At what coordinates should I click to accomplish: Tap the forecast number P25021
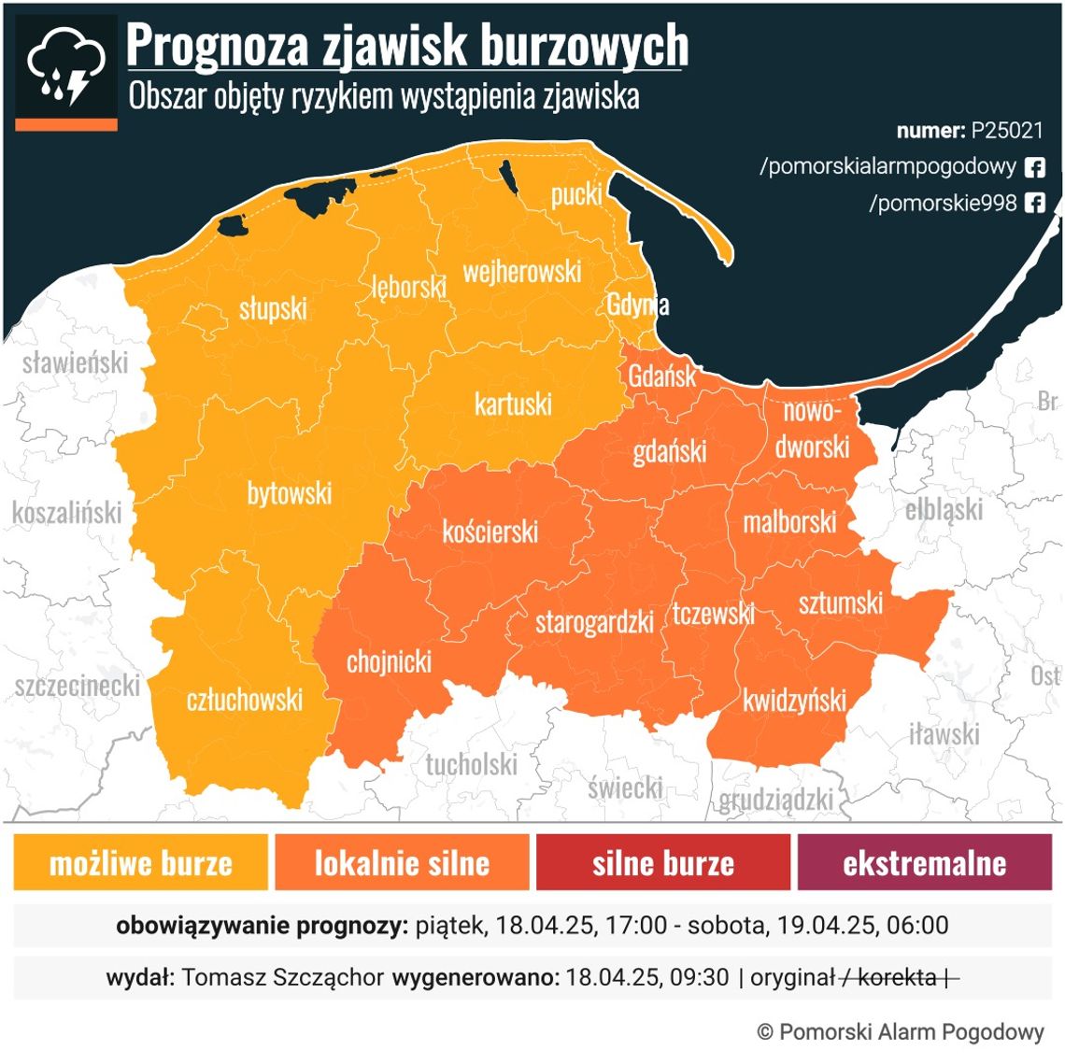pos(1006,130)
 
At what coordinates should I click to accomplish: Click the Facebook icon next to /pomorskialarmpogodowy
pos(1034,167)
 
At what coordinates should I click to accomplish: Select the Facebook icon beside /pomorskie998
pos(1034,203)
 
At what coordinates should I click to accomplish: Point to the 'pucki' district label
pos(576,194)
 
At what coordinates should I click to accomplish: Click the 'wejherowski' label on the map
pos(522,272)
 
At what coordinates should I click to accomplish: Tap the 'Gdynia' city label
pos(637,305)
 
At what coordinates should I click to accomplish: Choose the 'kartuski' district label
pos(513,404)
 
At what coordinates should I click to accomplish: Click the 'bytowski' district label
pos(289,493)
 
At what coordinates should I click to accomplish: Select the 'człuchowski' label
pos(245,700)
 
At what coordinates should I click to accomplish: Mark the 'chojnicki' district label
pos(389,662)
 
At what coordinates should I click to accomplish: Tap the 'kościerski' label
pos(490,532)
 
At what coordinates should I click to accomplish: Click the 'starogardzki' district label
pos(594,622)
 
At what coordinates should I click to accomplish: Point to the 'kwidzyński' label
pos(794,701)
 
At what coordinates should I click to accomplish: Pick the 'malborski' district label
pos(789,522)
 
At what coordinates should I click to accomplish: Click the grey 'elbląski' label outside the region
pos(944,510)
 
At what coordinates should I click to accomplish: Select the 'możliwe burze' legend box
pos(140,862)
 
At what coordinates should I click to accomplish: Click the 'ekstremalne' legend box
pos(924,862)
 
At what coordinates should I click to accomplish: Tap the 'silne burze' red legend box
pos(662,862)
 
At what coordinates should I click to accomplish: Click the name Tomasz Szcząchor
pos(282,977)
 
